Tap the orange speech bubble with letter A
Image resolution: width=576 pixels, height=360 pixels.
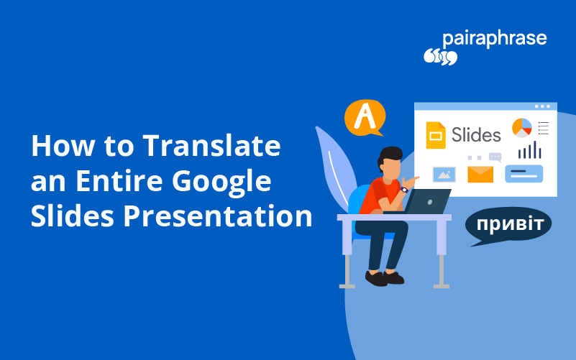tap(365, 116)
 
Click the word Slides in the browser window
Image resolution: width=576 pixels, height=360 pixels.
tap(476, 134)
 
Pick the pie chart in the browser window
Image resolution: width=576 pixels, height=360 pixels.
tap(521, 128)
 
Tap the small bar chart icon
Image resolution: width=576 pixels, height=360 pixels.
tap(529, 150)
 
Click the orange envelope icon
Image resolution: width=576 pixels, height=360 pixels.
tap(480, 174)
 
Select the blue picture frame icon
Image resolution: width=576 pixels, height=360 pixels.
tap(444, 174)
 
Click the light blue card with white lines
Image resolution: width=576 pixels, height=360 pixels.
tap(524, 173)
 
